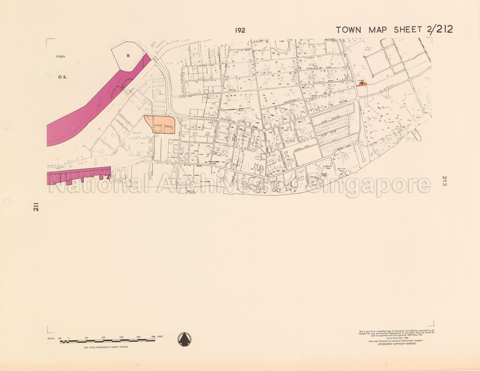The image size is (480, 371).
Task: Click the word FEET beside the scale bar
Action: point(160,337)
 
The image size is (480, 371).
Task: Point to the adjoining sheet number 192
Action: point(240,30)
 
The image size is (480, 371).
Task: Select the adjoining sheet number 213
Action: point(445,181)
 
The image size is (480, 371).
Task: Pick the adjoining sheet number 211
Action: point(36,207)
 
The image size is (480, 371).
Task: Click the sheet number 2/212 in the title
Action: point(439,29)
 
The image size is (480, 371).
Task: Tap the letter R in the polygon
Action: point(128,56)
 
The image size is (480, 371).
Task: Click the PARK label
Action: point(61,56)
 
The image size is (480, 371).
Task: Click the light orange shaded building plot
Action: point(159,124)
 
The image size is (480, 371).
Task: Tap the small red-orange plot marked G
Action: point(362,84)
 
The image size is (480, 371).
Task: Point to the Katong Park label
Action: point(191,176)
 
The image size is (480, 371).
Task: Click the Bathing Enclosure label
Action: point(191,192)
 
